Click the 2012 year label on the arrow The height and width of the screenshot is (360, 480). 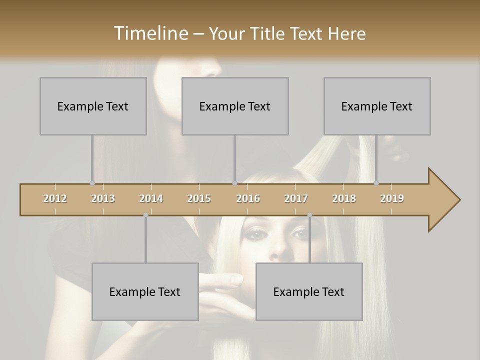coord(55,198)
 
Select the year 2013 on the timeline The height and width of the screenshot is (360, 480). coord(103,198)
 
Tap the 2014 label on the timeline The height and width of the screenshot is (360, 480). coord(151,198)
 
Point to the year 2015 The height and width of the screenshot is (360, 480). coord(199,198)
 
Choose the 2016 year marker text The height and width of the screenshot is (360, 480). coord(248,198)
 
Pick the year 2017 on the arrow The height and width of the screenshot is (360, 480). coord(296,198)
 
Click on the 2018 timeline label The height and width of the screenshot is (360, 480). coord(344,198)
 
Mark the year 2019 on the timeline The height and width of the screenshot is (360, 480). coord(392,198)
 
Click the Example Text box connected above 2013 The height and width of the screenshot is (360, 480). coord(93,106)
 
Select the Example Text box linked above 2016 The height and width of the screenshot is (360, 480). coord(235,106)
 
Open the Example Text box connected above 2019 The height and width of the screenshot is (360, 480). coord(377,106)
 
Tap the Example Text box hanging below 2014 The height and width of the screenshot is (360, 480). coord(145,291)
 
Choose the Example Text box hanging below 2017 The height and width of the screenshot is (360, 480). coord(309,291)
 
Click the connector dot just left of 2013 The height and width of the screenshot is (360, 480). coord(92,183)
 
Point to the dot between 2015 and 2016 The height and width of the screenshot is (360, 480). coord(234,183)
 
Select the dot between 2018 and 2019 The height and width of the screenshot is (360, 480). coord(376,183)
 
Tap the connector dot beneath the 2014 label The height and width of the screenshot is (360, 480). coord(145,215)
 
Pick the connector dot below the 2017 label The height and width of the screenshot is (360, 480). coord(309,215)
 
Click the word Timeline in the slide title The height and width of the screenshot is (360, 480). coord(149,33)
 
